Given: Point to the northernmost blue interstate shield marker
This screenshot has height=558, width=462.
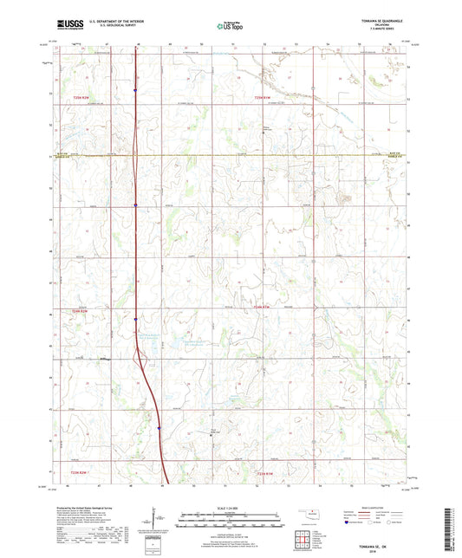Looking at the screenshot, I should pos(135,88).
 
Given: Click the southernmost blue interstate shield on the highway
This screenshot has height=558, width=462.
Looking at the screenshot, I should pos(159,426).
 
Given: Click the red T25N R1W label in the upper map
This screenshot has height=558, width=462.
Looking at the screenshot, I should pos(264,98).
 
